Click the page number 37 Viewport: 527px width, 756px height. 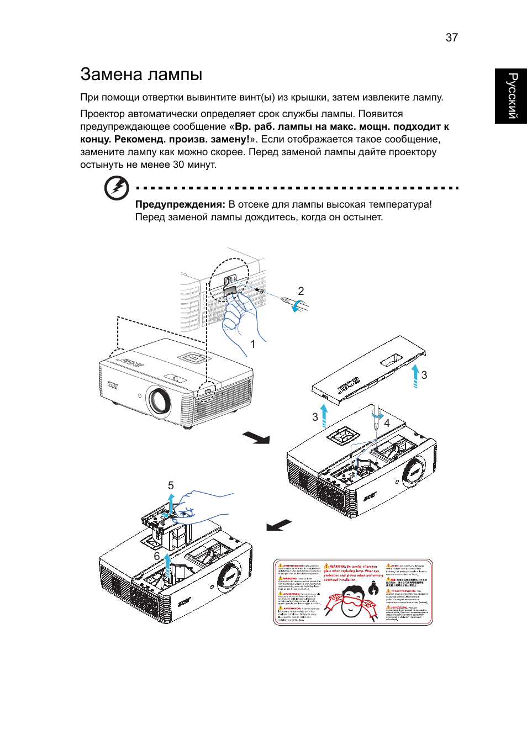[x=451, y=38]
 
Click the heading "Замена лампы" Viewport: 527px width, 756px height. [x=141, y=74]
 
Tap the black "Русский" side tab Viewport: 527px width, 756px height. [x=512, y=96]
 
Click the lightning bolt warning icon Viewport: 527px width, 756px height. [x=117, y=188]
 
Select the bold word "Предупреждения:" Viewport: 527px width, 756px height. [x=180, y=204]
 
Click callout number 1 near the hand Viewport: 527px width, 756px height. [x=252, y=344]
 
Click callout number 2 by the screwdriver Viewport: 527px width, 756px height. [x=301, y=291]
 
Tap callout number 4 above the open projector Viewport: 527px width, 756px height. [x=387, y=423]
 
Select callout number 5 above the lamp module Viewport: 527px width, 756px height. [x=171, y=485]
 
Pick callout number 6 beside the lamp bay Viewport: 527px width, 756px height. [x=157, y=556]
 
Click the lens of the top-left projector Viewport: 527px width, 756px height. [x=159, y=400]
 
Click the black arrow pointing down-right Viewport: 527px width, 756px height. [x=256, y=437]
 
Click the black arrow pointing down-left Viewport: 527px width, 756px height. [x=279, y=525]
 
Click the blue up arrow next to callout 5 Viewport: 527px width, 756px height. [x=171, y=503]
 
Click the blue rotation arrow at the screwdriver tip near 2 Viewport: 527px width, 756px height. [x=297, y=304]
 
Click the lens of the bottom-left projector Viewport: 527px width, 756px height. [x=228, y=577]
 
